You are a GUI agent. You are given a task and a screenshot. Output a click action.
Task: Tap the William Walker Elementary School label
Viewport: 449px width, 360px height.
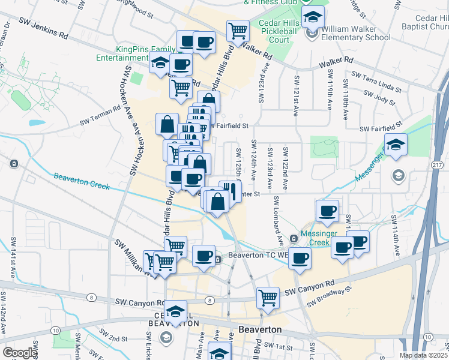pyautogui.click(x=355, y=33)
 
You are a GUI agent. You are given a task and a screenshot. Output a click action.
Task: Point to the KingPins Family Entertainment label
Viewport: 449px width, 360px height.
pyautogui.click(x=131, y=54)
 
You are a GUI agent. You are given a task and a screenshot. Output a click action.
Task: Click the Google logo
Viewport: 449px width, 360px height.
pyautogui.click(x=20, y=353)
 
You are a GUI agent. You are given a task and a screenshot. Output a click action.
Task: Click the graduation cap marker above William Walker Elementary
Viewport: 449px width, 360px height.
pyautogui.click(x=313, y=18)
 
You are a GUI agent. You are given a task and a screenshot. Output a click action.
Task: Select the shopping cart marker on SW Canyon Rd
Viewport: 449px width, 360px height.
pyautogui.click(x=267, y=297)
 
